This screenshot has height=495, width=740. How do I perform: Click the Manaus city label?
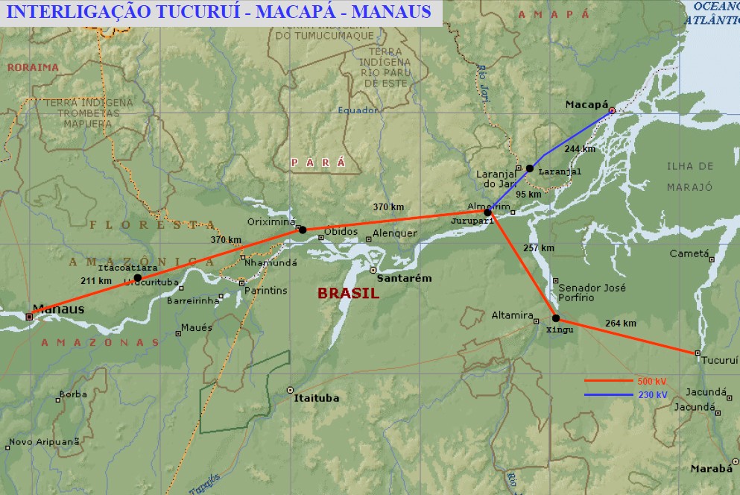point(57,309)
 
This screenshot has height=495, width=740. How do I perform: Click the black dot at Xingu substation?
point(556,318)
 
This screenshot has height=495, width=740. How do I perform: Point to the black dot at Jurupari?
point(487,212)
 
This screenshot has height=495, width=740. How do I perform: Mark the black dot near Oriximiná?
point(302,230)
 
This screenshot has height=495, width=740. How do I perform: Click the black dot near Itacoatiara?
point(138,278)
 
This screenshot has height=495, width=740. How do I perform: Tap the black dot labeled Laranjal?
point(529,168)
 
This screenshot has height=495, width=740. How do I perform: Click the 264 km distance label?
point(621,324)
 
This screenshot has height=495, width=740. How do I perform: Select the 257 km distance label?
point(539,248)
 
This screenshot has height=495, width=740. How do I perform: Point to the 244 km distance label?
point(580,149)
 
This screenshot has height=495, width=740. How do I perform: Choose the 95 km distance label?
point(528,195)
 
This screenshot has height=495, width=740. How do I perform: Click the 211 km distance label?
point(95,280)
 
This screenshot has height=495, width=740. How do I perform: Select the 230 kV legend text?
point(652,395)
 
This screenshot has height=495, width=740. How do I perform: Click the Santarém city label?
point(405,278)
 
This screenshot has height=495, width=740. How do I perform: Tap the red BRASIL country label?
point(348,294)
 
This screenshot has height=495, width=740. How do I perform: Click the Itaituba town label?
point(317,398)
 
